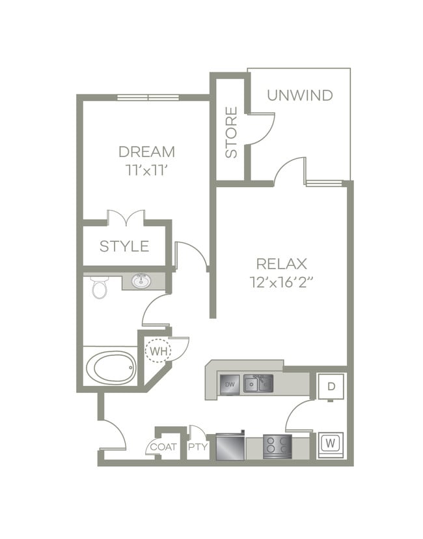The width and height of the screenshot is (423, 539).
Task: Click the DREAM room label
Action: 146,152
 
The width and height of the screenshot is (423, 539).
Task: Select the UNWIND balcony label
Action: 299,95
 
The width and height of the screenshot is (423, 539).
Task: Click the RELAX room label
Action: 281,264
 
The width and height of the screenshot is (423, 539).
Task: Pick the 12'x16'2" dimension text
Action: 281,283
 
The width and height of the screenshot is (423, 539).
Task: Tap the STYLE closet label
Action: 124,246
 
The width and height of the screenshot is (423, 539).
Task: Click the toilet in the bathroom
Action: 100,287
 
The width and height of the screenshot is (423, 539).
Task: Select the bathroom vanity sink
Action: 141,282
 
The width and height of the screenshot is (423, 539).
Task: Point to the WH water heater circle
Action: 158,352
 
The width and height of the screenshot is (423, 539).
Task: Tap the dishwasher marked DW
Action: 229,385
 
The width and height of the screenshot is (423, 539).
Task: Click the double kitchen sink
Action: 258,384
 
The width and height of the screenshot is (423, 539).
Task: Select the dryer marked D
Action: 331,386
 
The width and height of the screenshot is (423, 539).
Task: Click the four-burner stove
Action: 277,446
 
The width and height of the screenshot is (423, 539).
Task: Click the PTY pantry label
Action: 197,447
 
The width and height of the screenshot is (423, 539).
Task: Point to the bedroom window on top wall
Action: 148,98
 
